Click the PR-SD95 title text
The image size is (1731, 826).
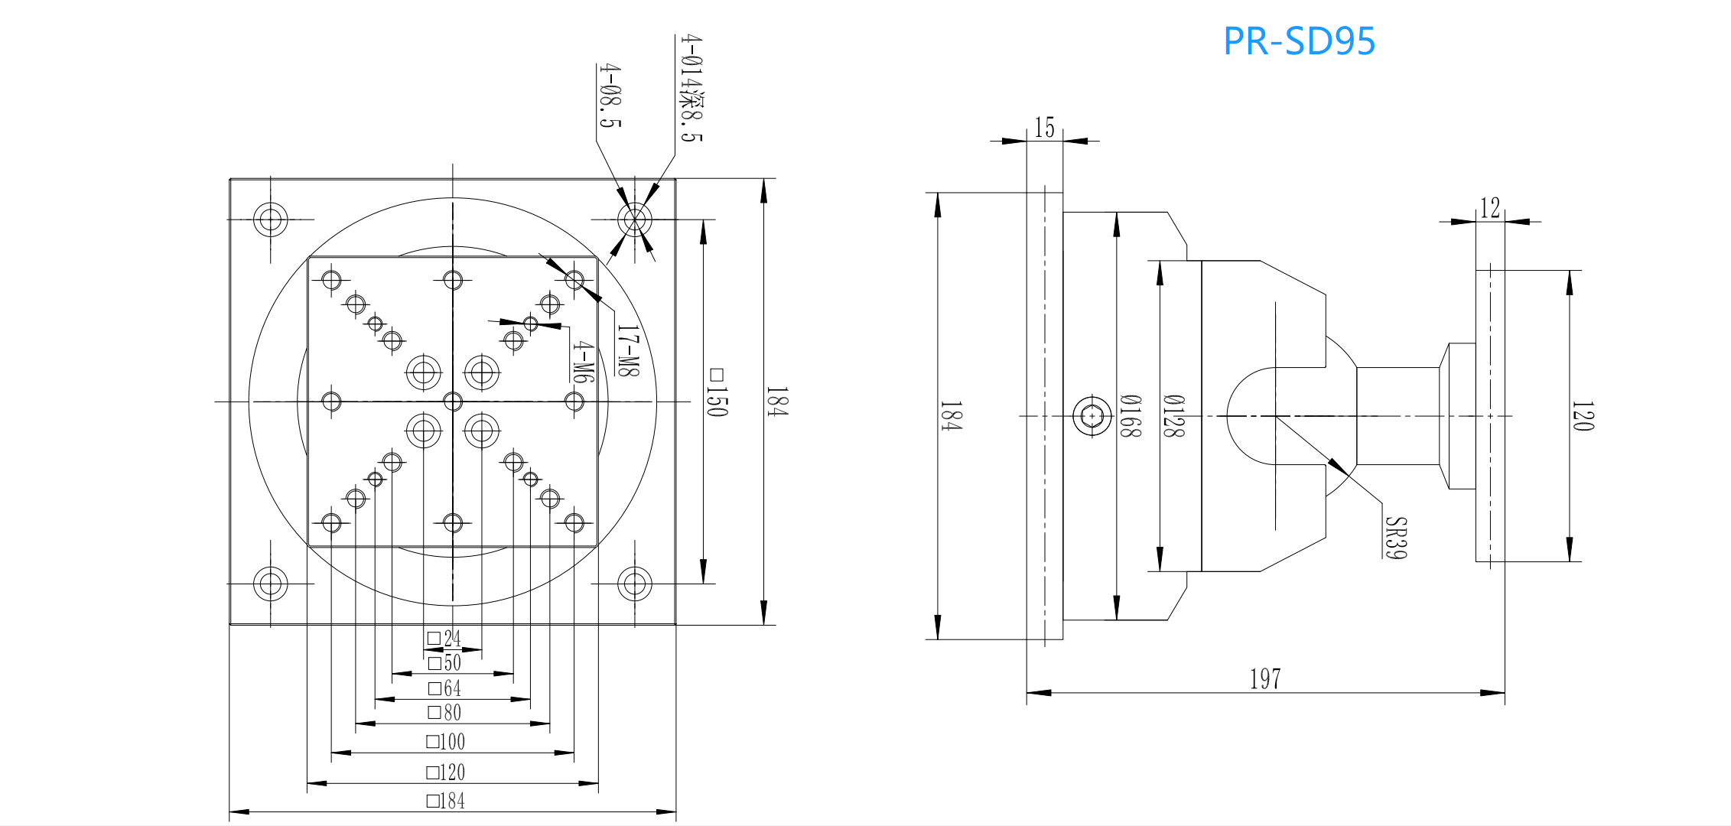[x=1298, y=41]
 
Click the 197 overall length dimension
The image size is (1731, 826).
[x=1264, y=678]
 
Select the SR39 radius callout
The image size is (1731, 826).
[x=1395, y=538]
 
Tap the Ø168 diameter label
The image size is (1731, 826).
[x=1130, y=416]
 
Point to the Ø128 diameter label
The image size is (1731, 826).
[x=1173, y=416]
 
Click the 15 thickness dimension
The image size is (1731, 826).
[x=1044, y=128]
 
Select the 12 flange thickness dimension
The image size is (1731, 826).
[x=1489, y=208]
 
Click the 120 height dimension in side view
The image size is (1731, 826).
[x=1583, y=416]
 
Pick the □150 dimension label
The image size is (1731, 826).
[x=717, y=392]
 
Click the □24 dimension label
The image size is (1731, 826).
[x=444, y=638]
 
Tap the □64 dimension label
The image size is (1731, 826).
[x=444, y=688]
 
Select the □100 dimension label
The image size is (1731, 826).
[x=445, y=741]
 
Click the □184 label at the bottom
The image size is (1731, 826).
[x=445, y=801]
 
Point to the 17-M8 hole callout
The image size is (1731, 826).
[x=627, y=351]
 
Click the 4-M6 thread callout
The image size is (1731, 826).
[x=583, y=361]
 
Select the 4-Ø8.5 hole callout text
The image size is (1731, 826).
[x=610, y=96]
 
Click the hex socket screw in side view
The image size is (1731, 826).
[x=1092, y=416]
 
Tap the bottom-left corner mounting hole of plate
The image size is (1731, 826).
[x=270, y=584]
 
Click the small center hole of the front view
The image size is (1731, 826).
[x=453, y=402]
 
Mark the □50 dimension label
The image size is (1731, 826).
[x=444, y=662]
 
